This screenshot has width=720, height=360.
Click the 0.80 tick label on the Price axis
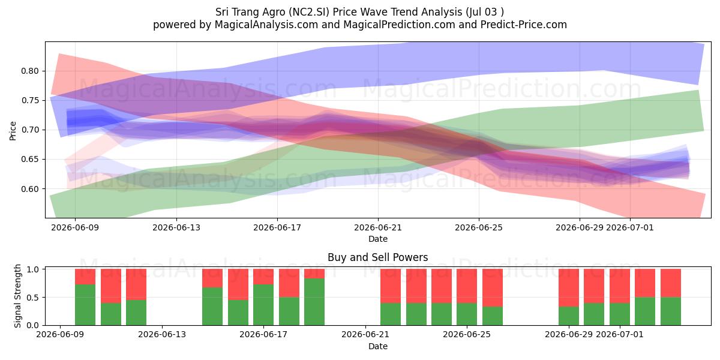tap(30, 71)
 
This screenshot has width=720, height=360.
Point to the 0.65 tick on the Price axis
tap(30, 160)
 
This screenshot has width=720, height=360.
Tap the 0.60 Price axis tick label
tap(30, 189)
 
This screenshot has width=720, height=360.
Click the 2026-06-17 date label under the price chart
tap(277, 227)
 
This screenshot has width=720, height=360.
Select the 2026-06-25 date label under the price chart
tap(479, 227)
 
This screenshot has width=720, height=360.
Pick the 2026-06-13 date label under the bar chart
tap(161, 335)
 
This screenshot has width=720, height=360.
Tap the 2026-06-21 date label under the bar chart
tap(365, 335)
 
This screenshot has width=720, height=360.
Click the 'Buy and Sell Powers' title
tap(377, 257)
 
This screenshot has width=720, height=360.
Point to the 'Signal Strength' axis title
tap(17, 296)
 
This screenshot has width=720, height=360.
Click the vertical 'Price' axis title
tap(13, 131)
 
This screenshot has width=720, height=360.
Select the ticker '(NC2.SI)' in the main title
tap(309, 12)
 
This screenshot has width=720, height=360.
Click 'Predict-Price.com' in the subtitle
tap(524, 25)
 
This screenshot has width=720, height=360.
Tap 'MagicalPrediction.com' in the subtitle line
tap(399, 25)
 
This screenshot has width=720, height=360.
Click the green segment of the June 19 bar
tap(314, 302)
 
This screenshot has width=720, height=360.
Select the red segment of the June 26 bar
tap(493, 287)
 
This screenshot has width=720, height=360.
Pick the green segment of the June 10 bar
tap(85, 305)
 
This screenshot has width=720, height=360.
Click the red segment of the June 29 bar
tap(569, 287)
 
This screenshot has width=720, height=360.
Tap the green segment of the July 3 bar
tap(671, 311)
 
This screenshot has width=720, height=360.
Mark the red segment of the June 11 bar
tap(111, 286)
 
